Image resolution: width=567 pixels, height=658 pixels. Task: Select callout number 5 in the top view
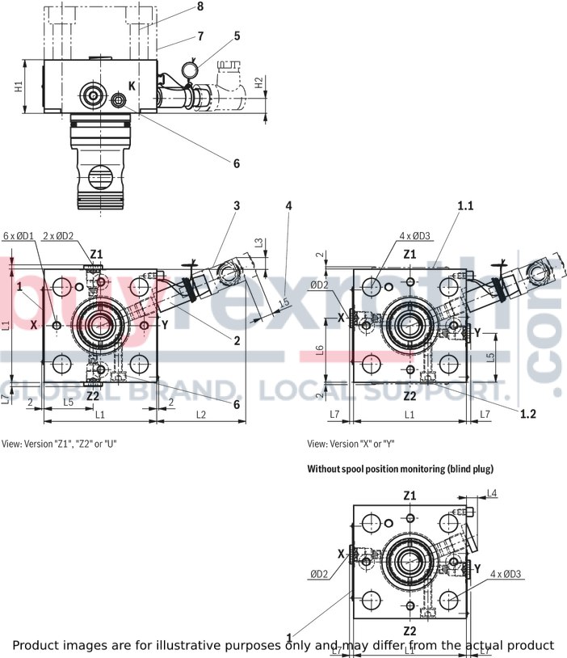[237, 36]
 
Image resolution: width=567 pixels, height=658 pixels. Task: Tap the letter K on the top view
[132, 86]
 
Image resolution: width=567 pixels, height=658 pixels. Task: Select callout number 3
[237, 206]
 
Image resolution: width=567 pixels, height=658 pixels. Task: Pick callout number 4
[288, 206]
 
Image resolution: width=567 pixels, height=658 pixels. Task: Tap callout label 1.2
[528, 413]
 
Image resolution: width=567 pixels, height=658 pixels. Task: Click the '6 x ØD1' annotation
[18, 235]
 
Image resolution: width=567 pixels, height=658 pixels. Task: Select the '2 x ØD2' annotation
[57, 235]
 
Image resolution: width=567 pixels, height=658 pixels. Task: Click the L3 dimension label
[258, 243]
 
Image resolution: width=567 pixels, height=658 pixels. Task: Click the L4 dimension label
[492, 493]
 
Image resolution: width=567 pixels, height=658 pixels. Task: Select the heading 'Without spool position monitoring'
[400, 469]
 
